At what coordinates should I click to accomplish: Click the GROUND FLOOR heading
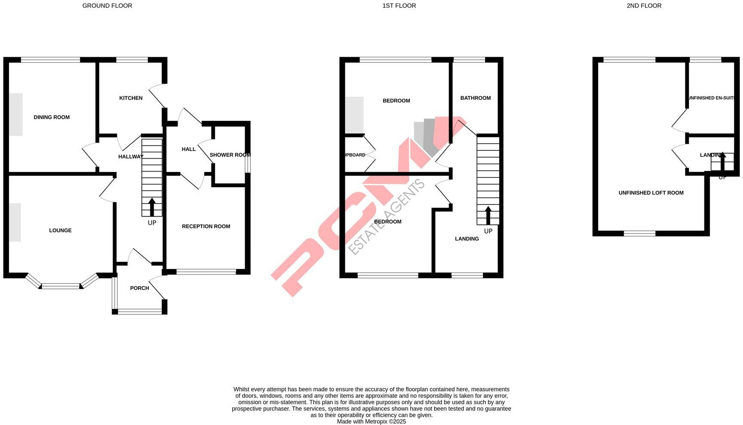coord(107,6)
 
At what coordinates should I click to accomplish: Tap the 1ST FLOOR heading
coord(399,6)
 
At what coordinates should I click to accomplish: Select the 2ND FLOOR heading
coord(644,6)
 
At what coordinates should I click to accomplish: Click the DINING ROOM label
coord(52,117)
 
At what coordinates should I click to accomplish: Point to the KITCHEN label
coord(131,98)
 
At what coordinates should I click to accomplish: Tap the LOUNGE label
coord(60,230)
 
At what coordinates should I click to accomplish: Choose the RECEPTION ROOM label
coord(206,226)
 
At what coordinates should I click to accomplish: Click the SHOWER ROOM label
coord(230,155)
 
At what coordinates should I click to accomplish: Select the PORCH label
coord(139,288)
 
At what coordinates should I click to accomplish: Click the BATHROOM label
coord(475,98)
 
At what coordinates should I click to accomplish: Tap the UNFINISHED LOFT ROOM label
coord(651,193)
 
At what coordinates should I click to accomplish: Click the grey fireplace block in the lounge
coord(15,222)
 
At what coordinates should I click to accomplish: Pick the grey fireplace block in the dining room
coord(16,114)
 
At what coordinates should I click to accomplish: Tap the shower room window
coord(248,163)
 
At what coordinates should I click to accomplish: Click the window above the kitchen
coord(132,60)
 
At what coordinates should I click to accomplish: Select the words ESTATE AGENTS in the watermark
coord(386,217)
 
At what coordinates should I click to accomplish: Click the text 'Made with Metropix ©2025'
coord(371,422)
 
